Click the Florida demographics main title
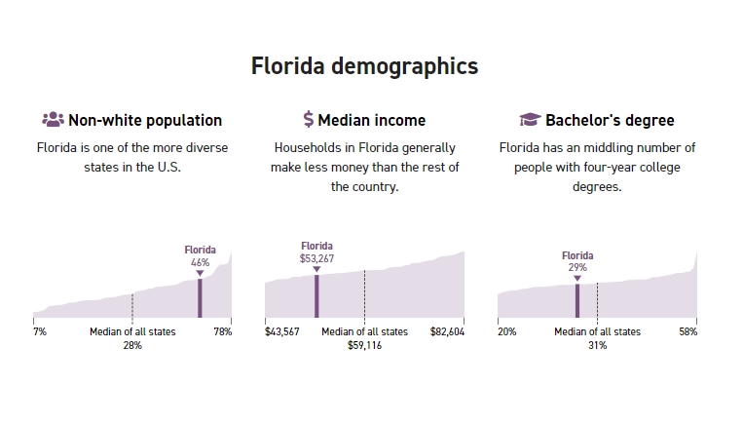pos(364,66)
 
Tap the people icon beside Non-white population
pos(53,120)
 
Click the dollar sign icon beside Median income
pos(309,120)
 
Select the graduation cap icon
pos(530,120)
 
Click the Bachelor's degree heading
pos(610,121)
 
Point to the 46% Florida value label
pos(200,262)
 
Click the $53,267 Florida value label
pos(316,258)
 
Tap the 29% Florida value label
pos(577,267)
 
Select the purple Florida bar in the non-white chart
pos(200,298)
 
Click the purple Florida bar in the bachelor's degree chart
pos(577,300)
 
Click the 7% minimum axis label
pos(40,332)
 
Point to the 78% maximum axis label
pos(223,332)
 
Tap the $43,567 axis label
pos(282,332)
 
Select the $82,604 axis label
pos(447,332)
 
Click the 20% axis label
pos(506,332)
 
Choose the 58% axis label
pos(687,332)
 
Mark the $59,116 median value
pos(364,346)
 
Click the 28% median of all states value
pos(132,346)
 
